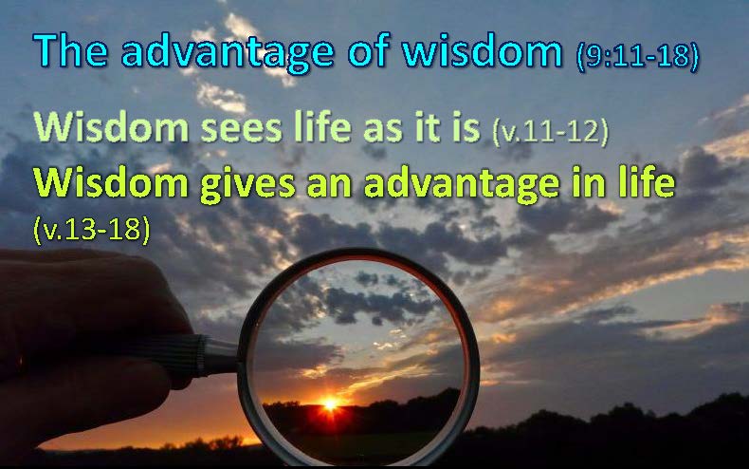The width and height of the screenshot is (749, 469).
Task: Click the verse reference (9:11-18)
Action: [638, 56]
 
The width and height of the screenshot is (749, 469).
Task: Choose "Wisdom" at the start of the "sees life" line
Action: [111, 127]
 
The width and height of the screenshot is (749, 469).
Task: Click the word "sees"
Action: [241, 130]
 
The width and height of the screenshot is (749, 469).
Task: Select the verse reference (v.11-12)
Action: [550, 132]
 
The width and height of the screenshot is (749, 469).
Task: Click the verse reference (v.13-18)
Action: [92, 230]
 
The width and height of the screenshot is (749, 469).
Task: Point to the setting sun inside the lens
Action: [330, 404]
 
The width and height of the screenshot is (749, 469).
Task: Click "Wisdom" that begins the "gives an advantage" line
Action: [111, 182]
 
